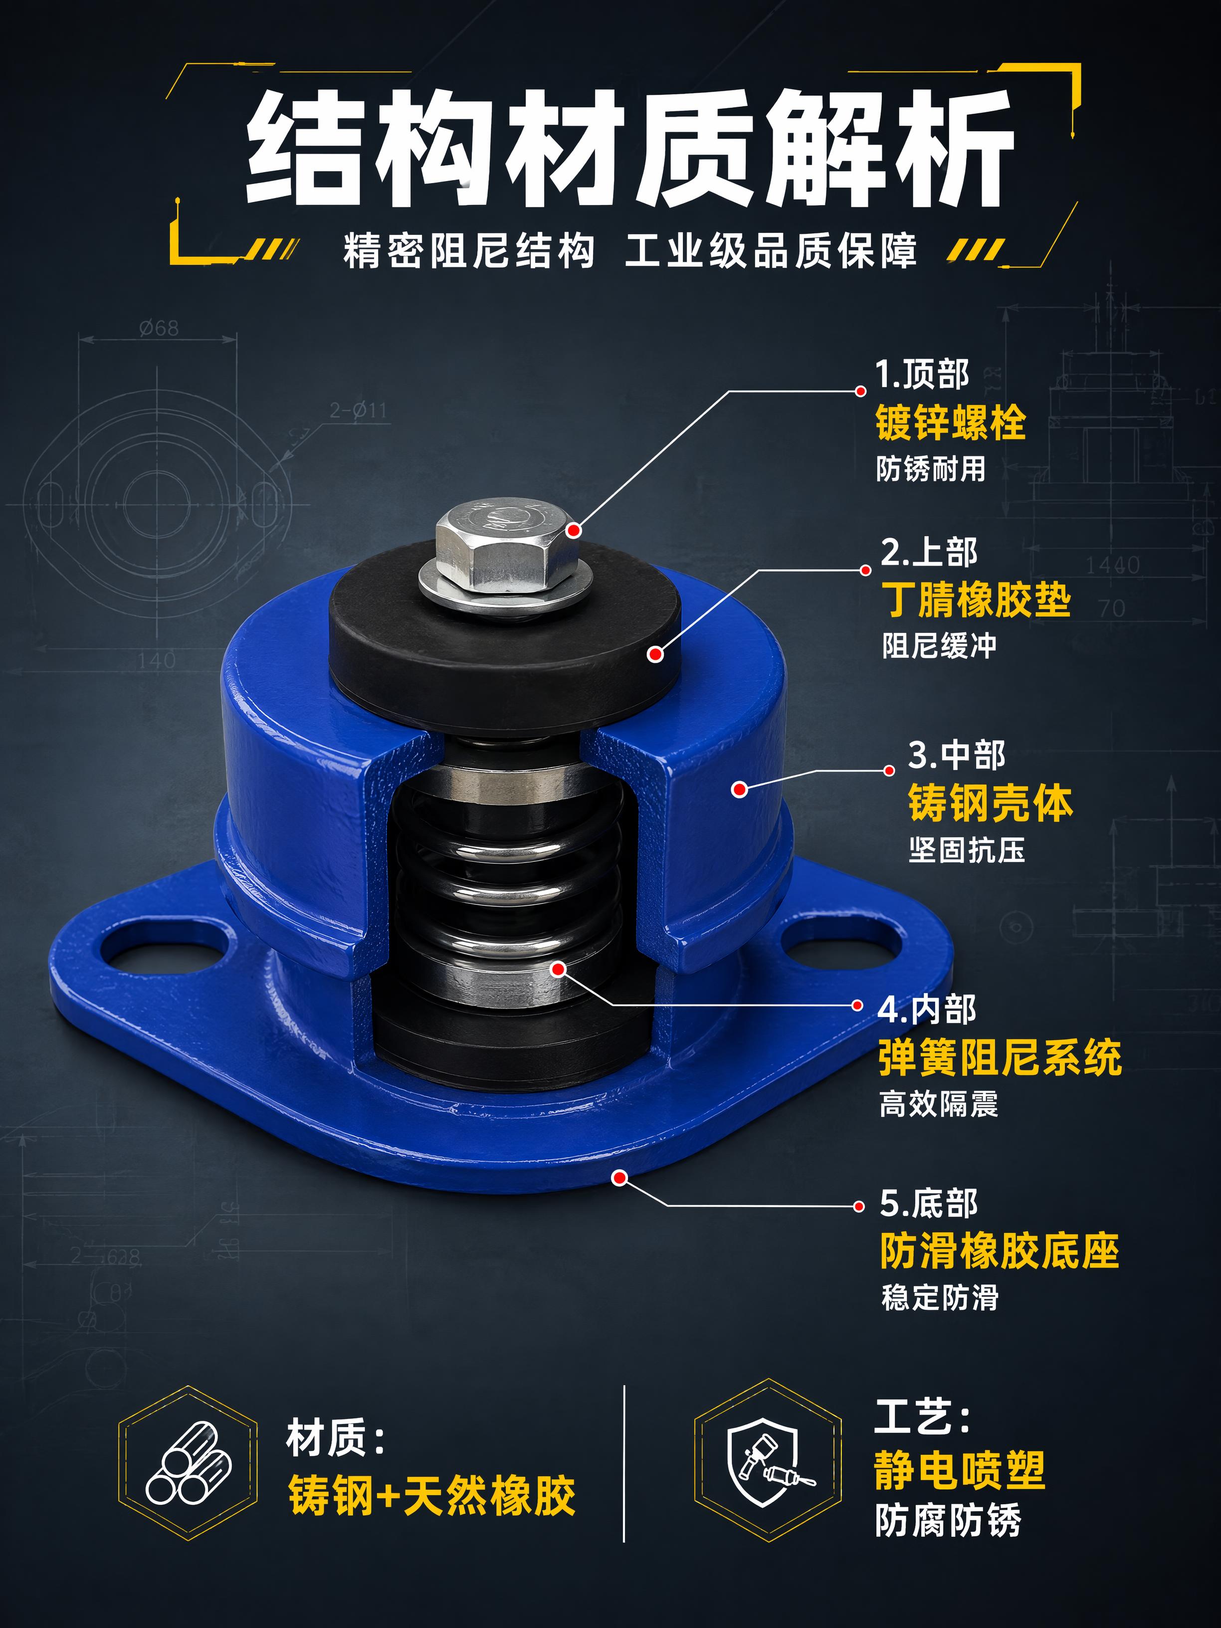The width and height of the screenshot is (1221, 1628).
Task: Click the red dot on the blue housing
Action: coord(740,789)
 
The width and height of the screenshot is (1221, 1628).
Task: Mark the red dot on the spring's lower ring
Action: coord(558,969)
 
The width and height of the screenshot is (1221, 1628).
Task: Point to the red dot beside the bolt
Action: coord(574,530)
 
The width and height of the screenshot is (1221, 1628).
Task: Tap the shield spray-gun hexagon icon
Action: coord(768,1462)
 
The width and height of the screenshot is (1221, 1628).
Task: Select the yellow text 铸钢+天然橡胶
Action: coord(431,1495)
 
